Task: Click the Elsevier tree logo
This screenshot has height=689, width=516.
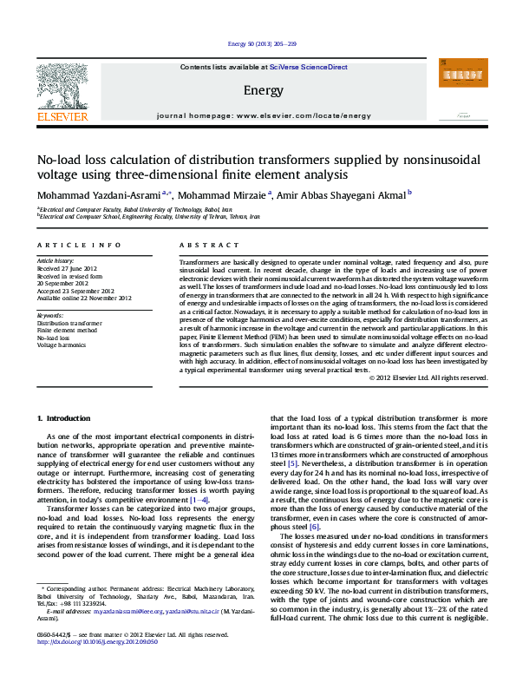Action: coord(62,83)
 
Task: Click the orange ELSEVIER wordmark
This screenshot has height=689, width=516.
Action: coord(62,115)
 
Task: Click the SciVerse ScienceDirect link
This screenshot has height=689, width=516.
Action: coord(308,67)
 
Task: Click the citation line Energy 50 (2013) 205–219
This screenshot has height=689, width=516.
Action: coord(258,43)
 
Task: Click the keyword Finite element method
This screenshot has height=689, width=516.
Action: coord(68,330)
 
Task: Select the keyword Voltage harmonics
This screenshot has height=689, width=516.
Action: coord(62,344)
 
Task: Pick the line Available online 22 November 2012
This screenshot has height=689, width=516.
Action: coord(83,298)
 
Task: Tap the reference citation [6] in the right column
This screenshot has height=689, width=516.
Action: coord(314,526)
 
